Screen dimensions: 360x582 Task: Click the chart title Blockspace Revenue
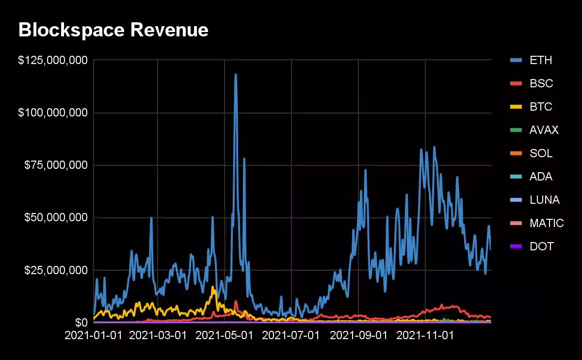(113, 30)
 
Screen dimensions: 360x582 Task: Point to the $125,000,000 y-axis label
(53, 60)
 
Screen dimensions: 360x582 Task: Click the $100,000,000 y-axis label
(53, 113)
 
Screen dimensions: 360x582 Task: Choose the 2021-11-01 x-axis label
(425, 335)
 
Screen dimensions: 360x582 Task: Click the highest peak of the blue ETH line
(236, 74)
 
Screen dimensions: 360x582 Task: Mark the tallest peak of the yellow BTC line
(212, 287)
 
